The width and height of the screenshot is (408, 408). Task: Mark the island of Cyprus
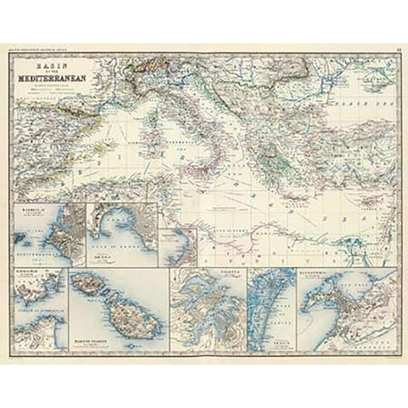click(341, 194)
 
